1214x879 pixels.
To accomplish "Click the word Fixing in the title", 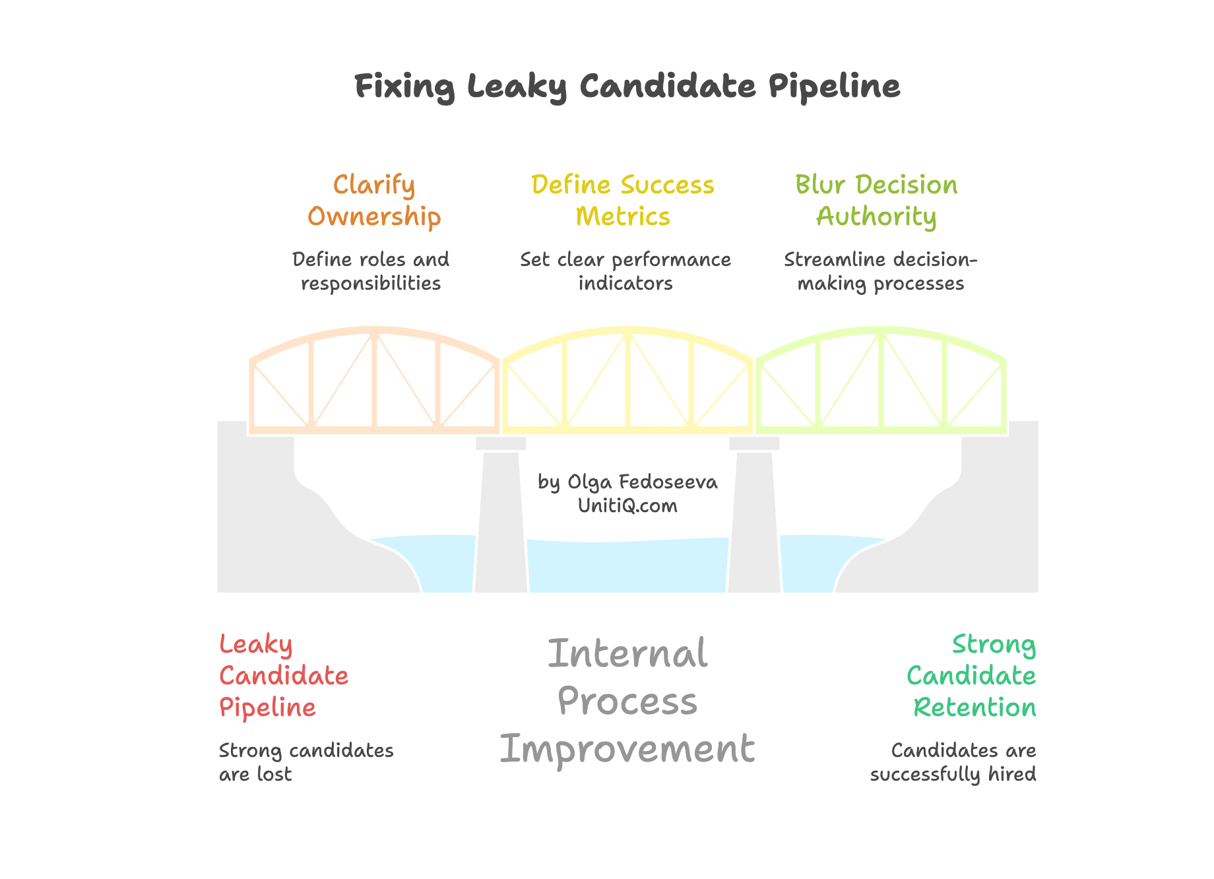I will [404, 86].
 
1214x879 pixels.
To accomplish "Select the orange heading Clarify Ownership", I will [374, 201].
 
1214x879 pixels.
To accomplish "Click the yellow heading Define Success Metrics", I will [623, 201].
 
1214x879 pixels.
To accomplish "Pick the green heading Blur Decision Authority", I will [876, 201].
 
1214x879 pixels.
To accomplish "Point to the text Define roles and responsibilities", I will [371, 271].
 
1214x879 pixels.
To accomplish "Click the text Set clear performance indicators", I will [625, 271].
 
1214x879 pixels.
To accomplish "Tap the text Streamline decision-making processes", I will [880, 271].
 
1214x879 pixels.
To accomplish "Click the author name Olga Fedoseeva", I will [641, 482].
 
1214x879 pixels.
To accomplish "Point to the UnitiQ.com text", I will [627, 506].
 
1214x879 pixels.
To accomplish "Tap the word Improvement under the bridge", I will [627, 750].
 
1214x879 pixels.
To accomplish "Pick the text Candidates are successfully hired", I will [953, 762].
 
